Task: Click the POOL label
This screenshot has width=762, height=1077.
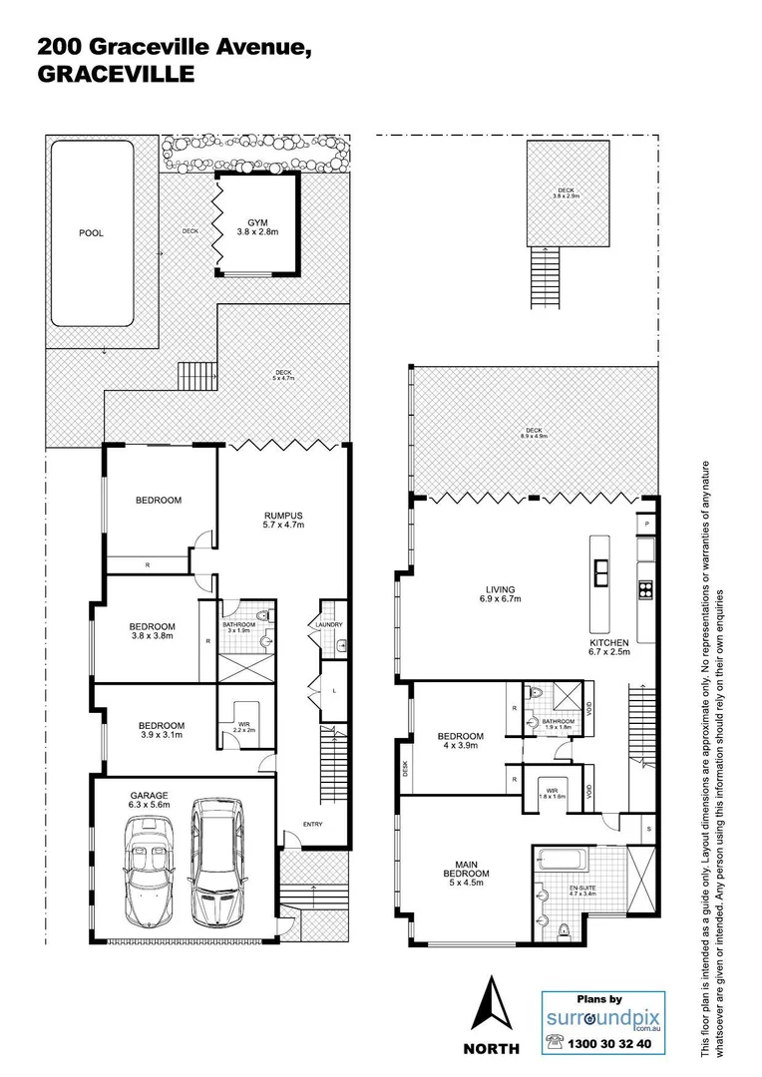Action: click(92, 233)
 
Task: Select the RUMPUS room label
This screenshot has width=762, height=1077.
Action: click(282, 520)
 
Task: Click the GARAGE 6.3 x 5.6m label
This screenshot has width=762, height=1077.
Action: click(147, 801)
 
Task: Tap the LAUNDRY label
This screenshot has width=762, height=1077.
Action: click(331, 625)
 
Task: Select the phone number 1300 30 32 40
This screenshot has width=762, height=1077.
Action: click(609, 1042)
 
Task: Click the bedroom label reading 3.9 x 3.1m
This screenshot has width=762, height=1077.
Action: click(160, 731)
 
